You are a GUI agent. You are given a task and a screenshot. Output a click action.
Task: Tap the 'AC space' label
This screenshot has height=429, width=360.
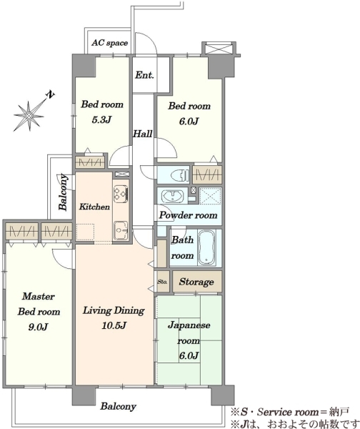109,43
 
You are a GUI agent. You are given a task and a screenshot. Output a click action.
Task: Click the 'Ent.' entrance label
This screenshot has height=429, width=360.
144,74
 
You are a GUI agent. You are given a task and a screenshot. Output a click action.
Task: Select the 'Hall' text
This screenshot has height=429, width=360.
142,134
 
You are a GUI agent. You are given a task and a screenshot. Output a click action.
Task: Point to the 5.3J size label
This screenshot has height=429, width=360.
101,119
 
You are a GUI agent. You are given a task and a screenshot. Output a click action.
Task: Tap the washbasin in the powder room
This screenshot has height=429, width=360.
172,196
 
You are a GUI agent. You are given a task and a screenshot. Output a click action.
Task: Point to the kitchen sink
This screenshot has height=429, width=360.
121,230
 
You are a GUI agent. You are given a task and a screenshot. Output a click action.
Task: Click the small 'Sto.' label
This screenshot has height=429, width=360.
162,282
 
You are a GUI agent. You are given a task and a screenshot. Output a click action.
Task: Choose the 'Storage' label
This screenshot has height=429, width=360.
196,282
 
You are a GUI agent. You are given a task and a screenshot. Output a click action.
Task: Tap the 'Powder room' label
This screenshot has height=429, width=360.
189,215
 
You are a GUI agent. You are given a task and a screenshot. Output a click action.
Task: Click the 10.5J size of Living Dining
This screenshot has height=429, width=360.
114,325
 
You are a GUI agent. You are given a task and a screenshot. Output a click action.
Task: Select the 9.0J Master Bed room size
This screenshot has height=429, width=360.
39,327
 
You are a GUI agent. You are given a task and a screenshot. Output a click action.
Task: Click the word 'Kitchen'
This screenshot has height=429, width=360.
94,207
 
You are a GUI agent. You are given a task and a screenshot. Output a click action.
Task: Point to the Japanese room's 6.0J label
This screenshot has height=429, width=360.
189,355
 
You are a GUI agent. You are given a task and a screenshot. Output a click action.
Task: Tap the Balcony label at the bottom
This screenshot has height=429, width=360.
118,406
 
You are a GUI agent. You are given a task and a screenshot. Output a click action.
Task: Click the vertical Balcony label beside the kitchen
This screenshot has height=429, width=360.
63,192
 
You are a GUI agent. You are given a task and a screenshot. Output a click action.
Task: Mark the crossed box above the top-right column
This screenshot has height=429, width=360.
219,49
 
